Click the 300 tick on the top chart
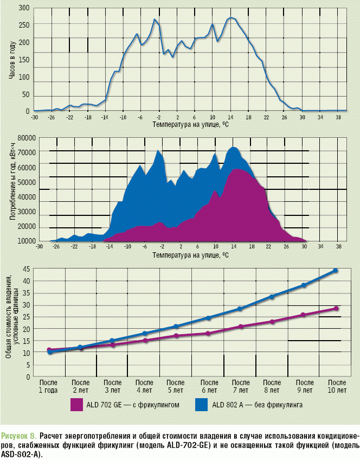point(23,8)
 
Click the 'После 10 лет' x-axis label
point(337,386)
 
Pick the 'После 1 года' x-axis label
point(48,386)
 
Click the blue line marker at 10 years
point(336,270)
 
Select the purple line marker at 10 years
point(336,308)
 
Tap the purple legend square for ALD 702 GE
point(77,405)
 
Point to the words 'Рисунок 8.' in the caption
point(19,436)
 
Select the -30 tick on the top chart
point(34,117)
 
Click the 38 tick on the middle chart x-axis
point(338,247)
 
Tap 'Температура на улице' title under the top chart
point(190,124)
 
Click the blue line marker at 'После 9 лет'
point(304,285)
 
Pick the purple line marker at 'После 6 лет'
point(209,333)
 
